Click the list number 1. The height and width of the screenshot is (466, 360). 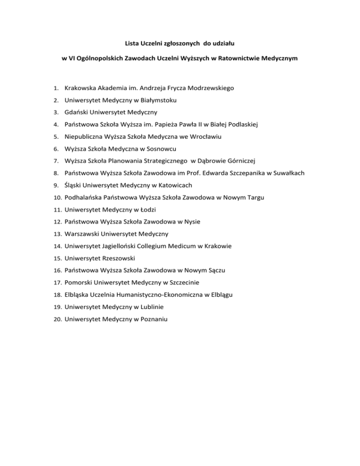coord(55,88)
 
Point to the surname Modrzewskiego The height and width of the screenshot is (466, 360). coord(207,88)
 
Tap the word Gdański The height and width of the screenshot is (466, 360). coord(77,112)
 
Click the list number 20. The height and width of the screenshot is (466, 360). coord(58,319)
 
